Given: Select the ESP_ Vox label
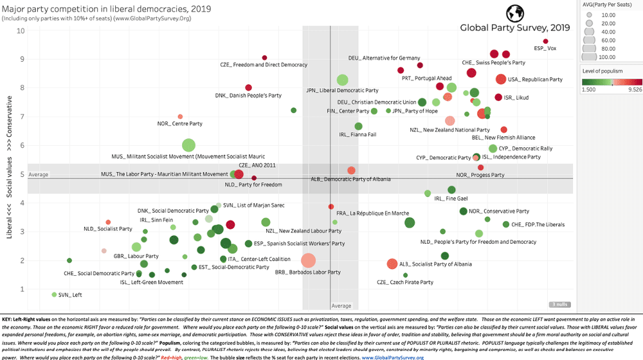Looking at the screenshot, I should click(x=545, y=48).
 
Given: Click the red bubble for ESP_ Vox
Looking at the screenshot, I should click(x=545, y=40).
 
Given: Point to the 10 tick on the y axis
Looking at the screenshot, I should click(x=21, y=30).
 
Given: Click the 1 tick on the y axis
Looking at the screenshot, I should click(x=23, y=289).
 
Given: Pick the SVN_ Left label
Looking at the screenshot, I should click(x=70, y=294).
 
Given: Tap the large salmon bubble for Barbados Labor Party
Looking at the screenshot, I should click(x=309, y=260).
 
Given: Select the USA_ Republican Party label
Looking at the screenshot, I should click(x=535, y=80).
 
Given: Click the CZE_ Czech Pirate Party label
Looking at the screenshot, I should click(x=405, y=282).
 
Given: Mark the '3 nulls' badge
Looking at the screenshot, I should click(x=558, y=304).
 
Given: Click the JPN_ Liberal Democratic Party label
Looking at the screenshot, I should click(x=342, y=91).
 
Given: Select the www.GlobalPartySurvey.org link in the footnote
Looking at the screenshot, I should click(x=392, y=356).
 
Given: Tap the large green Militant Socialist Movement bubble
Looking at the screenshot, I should click(x=188, y=145).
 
